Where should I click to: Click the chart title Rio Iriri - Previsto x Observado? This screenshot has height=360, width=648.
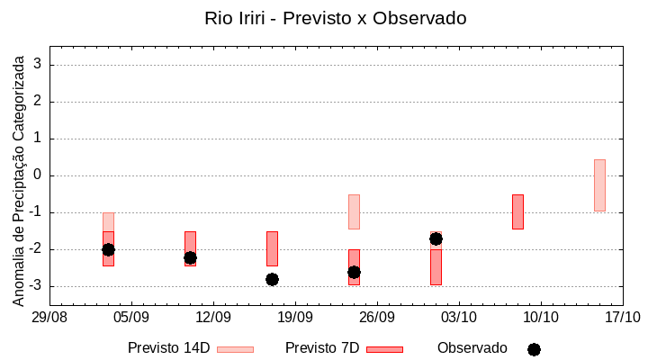pos(336,18)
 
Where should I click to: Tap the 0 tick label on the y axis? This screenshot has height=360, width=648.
pos(39,175)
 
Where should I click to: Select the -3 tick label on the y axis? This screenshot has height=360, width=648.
pos(35,286)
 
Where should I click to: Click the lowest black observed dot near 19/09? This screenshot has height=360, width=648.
pos(272,279)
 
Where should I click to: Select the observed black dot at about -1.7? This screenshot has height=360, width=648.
pos(436,238)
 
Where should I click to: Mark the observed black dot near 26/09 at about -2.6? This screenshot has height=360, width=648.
pos(354,272)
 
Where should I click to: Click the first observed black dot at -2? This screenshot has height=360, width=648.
pos(108,249)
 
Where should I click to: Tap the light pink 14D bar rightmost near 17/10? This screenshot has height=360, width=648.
pos(599,185)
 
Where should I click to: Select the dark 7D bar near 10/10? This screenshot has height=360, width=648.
pos(517,211)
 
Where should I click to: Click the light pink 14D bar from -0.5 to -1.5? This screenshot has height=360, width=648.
pos(354,211)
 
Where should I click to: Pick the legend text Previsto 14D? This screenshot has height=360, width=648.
pos(168,347)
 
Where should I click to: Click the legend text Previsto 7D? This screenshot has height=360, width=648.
pos(322,347)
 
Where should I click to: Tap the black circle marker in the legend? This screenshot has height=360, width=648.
pos(534,349)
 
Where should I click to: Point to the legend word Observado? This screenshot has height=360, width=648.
pos(472,347)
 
